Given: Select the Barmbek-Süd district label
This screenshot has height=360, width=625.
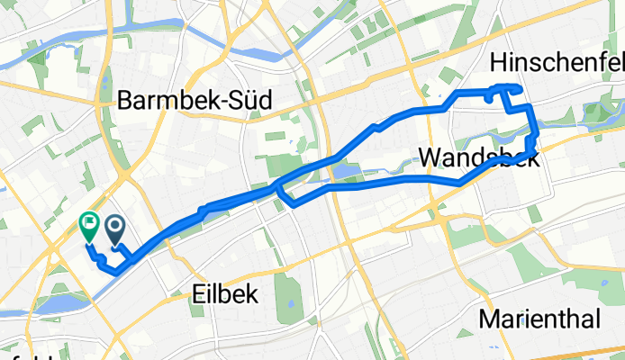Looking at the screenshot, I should [x=195, y=102].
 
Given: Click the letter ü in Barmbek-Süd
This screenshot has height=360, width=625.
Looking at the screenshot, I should [x=240, y=102].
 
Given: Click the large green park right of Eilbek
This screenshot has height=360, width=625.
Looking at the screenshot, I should [x=287, y=298].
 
